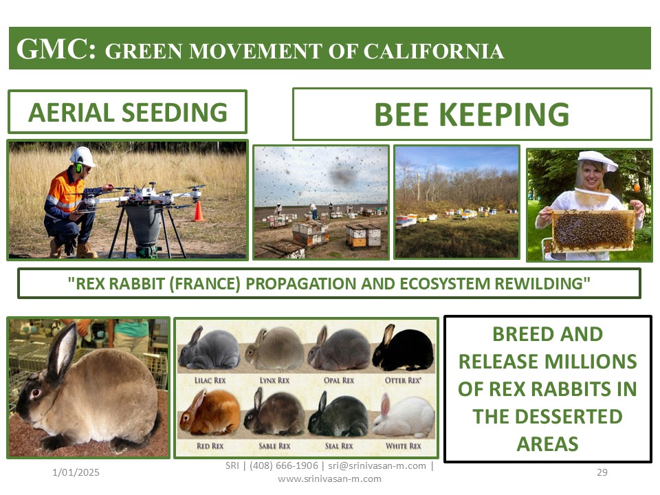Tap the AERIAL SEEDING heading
pyautogui.click(x=128, y=112)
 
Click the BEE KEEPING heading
pyautogui.click(x=472, y=114)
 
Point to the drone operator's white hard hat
pyautogui.click(x=82, y=156)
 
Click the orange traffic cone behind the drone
pyautogui.click(x=199, y=211)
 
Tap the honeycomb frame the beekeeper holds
pyautogui.click(x=593, y=231)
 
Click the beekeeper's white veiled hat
pyautogui.click(x=597, y=161)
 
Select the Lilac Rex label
pyautogui.click(x=210, y=380)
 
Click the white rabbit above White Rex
pyautogui.click(x=404, y=417)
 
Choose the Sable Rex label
pyautogui.click(x=274, y=445)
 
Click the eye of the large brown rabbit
pyautogui.click(x=35, y=393)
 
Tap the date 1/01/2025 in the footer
pyautogui.click(x=76, y=472)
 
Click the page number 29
pyautogui.click(x=602, y=472)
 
